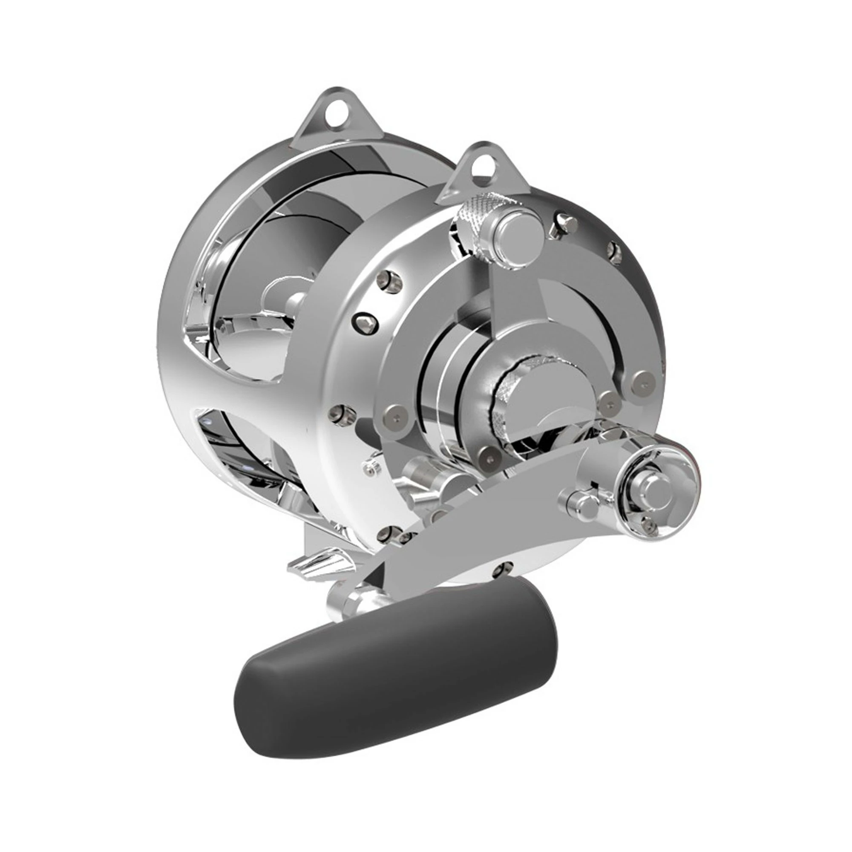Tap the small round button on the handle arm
point(580,503)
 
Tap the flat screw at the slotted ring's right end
point(642,379)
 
